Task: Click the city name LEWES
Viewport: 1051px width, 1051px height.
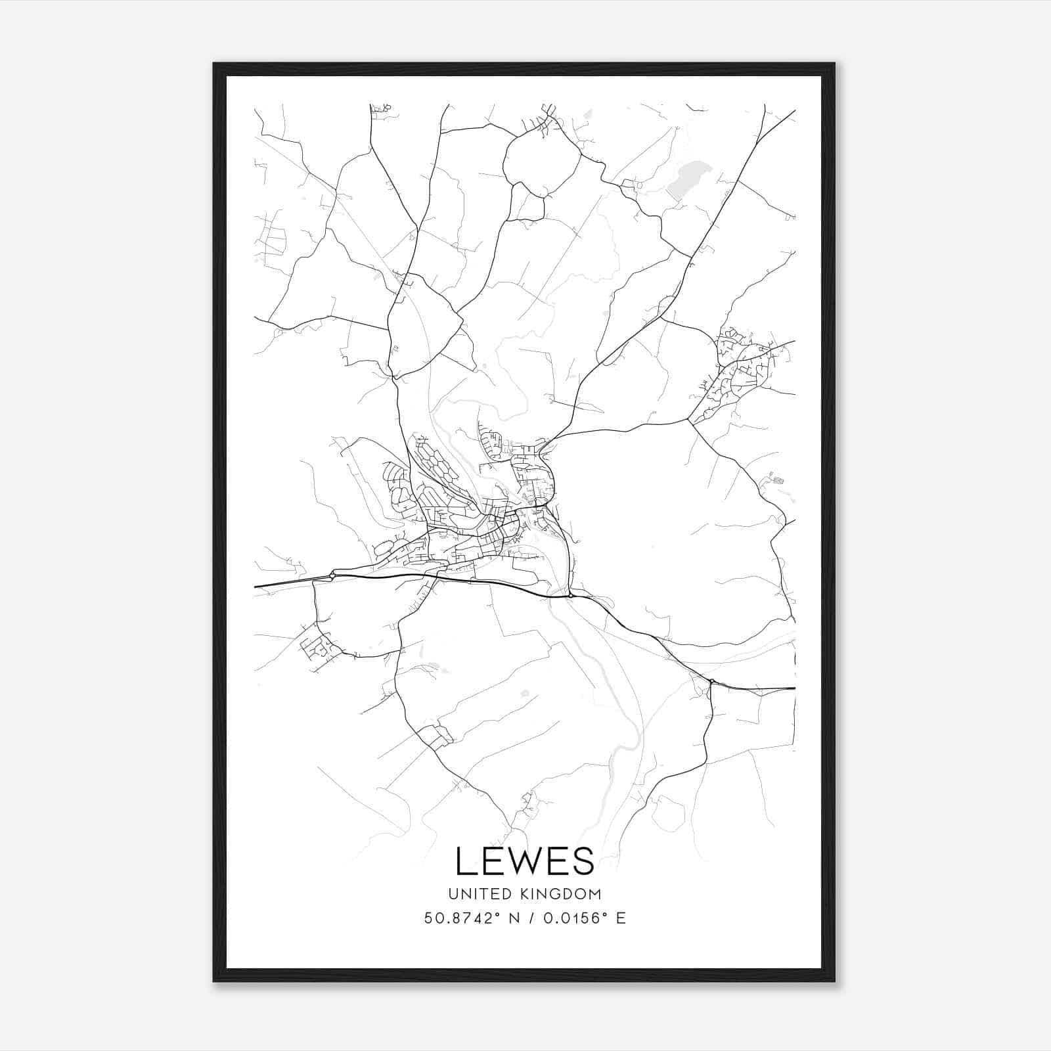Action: (524, 861)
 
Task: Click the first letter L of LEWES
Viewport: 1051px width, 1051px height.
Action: (465, 861)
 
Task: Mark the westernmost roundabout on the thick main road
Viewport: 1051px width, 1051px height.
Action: (332, 576)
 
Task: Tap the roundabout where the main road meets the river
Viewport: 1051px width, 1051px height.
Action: (570, 595)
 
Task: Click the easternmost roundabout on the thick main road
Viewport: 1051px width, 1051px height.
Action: (712, 681)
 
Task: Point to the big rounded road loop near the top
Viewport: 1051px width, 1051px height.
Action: (542, 161)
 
